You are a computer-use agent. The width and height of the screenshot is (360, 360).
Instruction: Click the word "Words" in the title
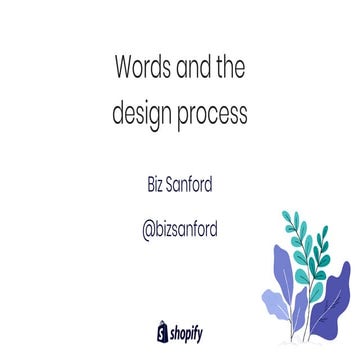tap(143, 71)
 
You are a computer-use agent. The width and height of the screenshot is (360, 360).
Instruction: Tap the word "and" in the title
tap(195, 71)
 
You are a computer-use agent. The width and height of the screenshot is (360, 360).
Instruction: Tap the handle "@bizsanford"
tap(180, 229)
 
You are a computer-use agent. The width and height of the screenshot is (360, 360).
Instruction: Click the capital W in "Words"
tap(126, 71)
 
